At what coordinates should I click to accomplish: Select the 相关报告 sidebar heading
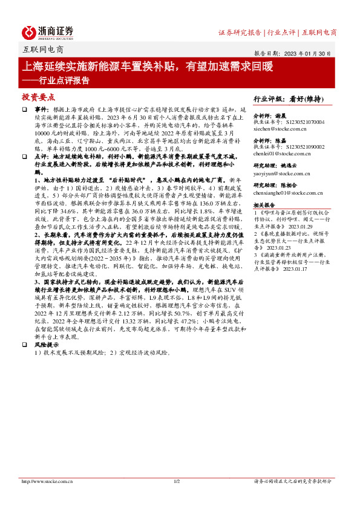[266, 206]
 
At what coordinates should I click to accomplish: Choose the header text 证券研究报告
[240, 32]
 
